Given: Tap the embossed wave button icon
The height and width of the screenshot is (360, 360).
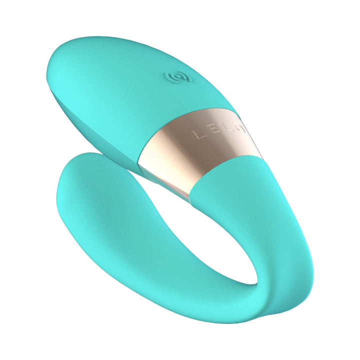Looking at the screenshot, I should click(173, 78).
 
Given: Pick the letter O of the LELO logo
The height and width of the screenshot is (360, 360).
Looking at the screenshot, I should click(240, 129).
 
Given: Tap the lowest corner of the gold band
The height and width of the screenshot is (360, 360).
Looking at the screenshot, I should click(189, 198).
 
